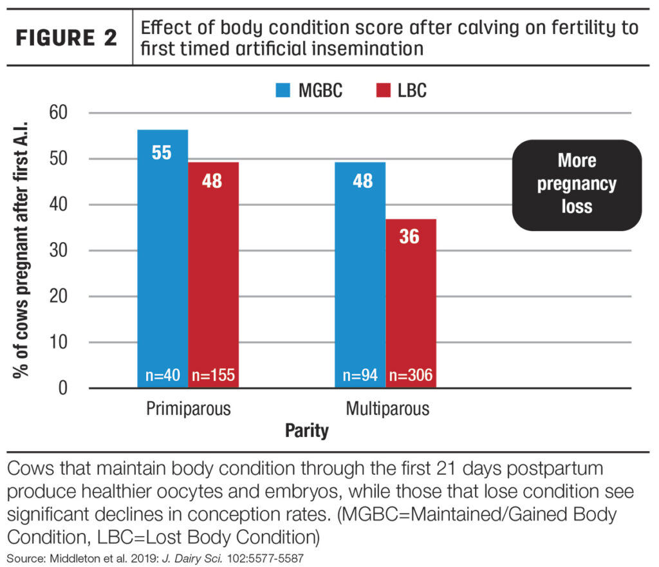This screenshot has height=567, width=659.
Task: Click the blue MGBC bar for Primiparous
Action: click(x=163, y=257)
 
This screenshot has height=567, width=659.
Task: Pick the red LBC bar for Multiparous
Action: click(x=410, y=302)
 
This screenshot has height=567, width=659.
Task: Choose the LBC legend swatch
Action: click(x=382, y=91)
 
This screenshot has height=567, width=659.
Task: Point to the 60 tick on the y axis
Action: click(x=60, y=113)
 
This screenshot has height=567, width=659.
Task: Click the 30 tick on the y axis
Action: click(x=60, y=251)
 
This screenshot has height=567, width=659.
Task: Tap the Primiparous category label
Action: click(x=188, y=409)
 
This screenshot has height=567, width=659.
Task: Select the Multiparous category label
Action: click(x=387, y=409)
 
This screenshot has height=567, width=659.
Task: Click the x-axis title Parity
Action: click(x=307, y=431)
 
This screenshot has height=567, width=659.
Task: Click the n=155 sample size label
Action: click(x=213, y=375)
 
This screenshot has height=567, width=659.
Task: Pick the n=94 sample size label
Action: click(x=360, y=375)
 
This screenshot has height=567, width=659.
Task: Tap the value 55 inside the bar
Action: click(x=163, y=153)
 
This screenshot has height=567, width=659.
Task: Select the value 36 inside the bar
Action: click(x=410, y=236)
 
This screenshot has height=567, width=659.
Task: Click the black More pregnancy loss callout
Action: click(x=577, y=184)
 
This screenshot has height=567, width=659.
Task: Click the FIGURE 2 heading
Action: click(x=66, y=37)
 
